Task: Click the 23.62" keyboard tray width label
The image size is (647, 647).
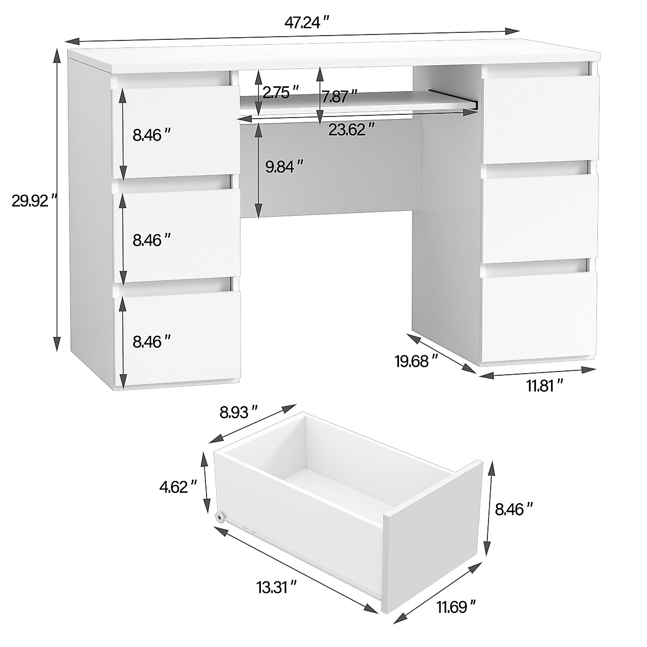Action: point(352,129)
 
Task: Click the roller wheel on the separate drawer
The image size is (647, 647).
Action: point(221,517)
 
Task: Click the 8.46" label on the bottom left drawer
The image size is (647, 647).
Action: point(152,341)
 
